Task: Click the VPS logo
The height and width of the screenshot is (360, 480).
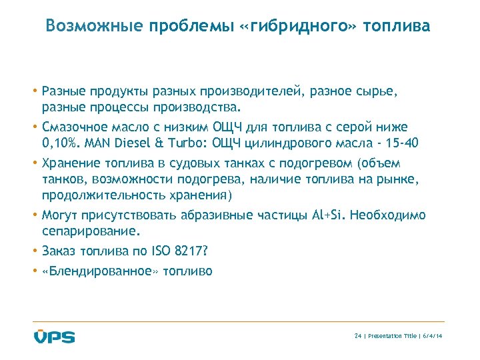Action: pyautogui.click(x=55, y=336)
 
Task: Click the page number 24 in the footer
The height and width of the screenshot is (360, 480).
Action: pyautogui.click(x=357, y=337)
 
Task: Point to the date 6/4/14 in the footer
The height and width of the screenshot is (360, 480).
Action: pyautogui.click(x=433, y=337)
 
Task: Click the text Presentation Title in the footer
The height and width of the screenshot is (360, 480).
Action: pyautogui.click(x=393, y=337)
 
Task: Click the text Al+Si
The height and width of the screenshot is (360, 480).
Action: pyautogui.click(x=327, y=215)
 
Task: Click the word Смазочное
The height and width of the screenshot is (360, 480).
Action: pyautogui.click(x=73, y=127)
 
